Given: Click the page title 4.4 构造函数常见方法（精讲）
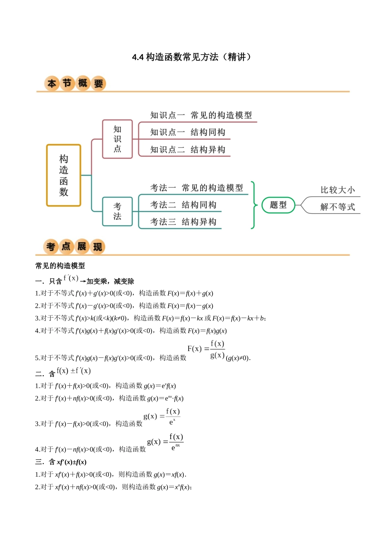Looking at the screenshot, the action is (x=192, y=57).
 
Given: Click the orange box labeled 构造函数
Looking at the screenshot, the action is (x=64, y=175).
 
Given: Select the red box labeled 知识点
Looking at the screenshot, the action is (x=117, y=139).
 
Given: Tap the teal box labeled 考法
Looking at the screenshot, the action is (x=117, y=211).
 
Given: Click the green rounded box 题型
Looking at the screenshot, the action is (x=278, y=205).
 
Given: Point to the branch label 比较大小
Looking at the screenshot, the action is (x=337, y=190).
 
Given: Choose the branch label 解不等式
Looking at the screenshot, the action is (x=337, y=207).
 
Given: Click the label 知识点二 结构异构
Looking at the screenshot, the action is (x=187, y=150).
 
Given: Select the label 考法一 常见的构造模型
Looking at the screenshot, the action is (x=196, y=188).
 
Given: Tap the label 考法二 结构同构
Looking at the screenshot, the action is (x=183, y=205).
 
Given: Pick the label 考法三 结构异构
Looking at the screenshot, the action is (x=183, y=222).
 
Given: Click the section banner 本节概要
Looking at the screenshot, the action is (x=75, y=84).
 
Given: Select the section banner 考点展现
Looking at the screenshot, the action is (x=74, y=247).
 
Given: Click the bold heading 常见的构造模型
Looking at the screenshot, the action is (x=60, y=266).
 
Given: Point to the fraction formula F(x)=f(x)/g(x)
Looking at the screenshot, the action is (x=206, y=349).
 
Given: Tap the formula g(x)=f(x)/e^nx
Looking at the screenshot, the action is (x=165, y=442).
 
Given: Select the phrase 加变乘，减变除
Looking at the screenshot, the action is (x=110, y=281).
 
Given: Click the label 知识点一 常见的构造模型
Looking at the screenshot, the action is (x=201, y=115).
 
